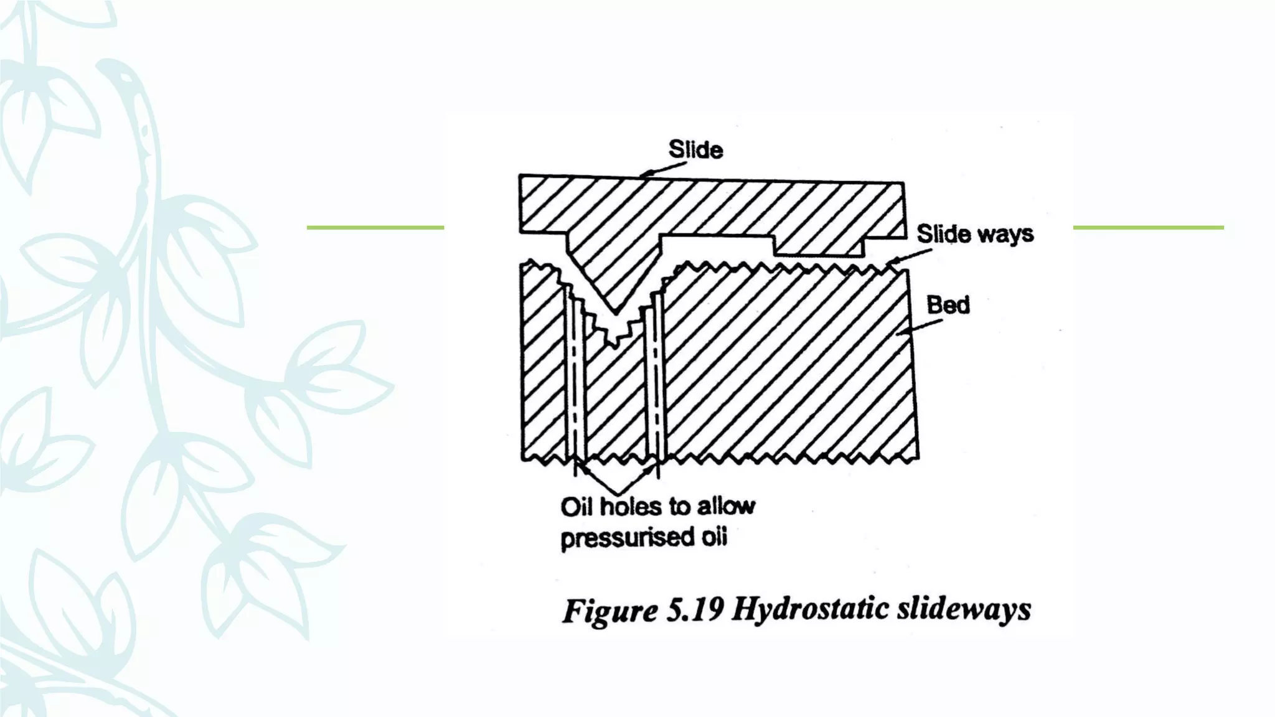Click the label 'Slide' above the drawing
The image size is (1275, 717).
pos(695,149)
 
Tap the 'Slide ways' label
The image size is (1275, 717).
pos(974,234)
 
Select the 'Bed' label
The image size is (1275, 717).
pos(948,305)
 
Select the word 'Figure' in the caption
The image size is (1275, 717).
pos(610,610)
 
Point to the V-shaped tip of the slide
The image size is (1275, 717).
pos(615,309)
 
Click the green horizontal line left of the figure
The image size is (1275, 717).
pos(375,228)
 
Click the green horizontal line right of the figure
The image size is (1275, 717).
pos(1148,228)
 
